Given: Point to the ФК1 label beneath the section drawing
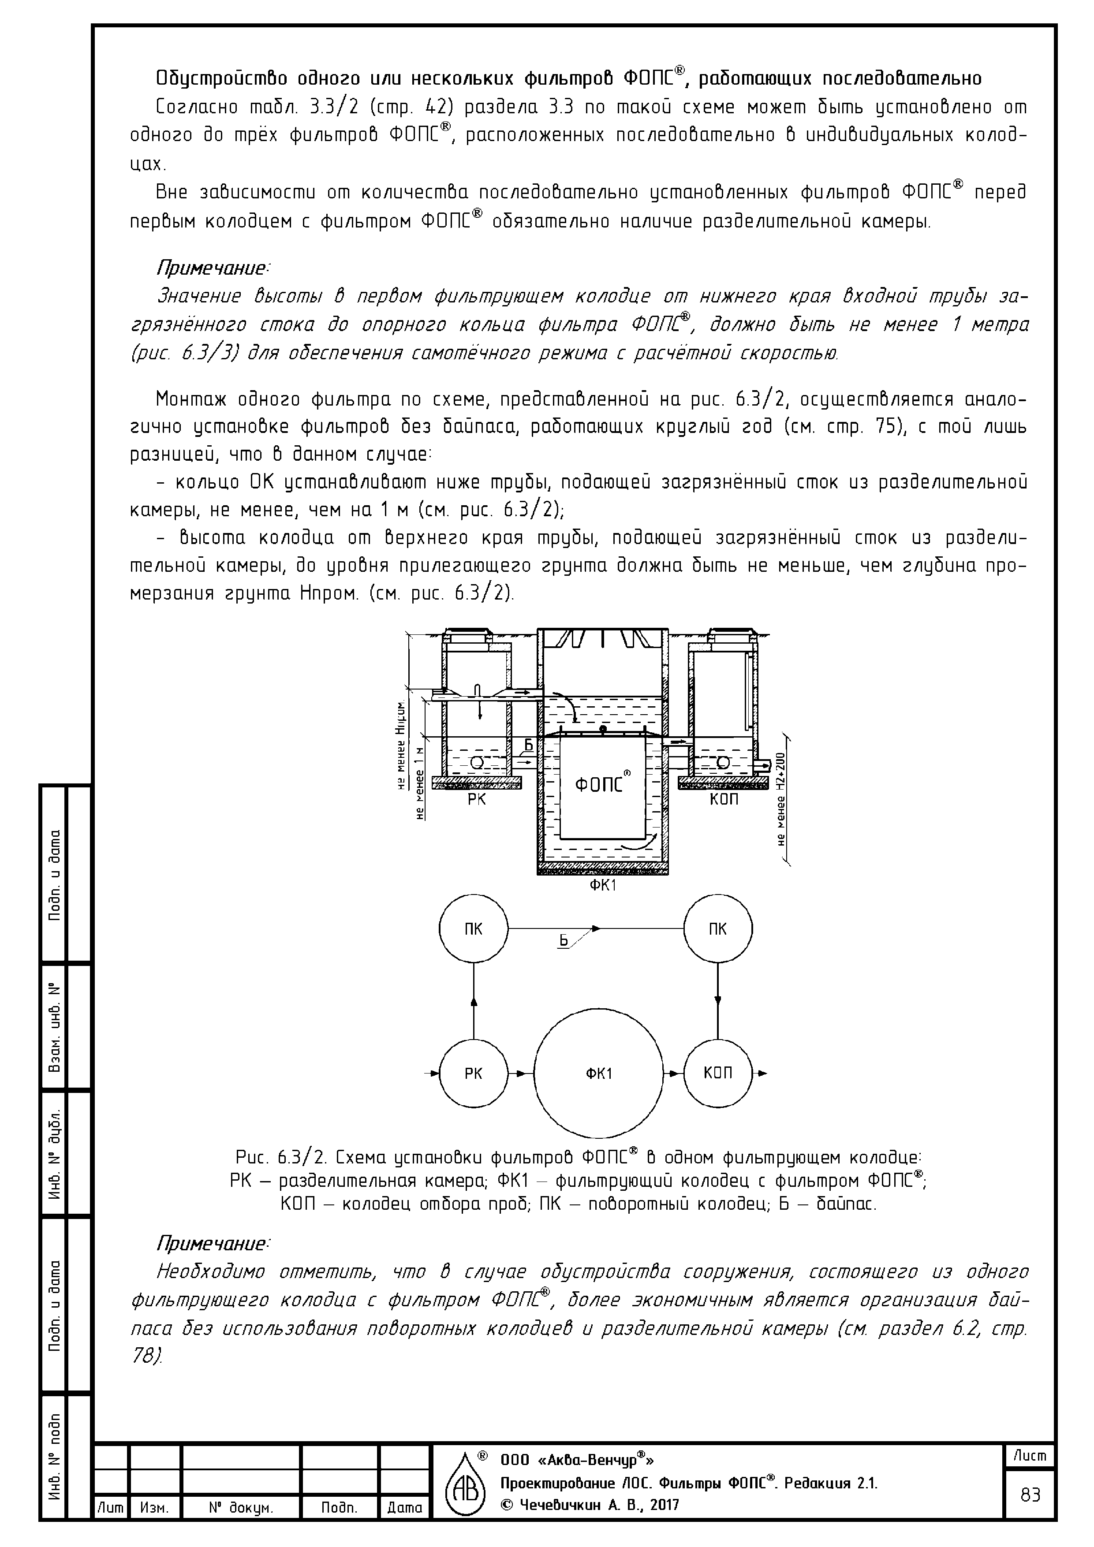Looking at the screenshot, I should click(603, 885).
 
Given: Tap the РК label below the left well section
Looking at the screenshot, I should click(477, 800).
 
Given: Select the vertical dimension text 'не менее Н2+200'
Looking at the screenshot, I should click(781, 799).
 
